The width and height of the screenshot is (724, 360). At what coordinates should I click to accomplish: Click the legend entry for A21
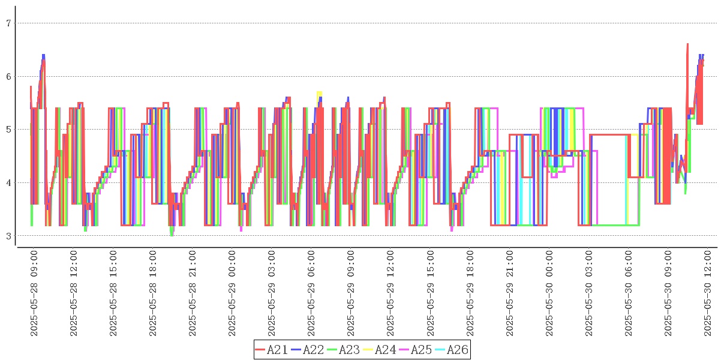click(x=271, y=350)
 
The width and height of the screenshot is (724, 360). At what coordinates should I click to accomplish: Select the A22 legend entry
click(x=307, y=350)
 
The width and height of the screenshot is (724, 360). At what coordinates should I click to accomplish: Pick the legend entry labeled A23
click(x=343, y=350)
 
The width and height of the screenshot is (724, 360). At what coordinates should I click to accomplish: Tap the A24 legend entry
click(x=379, y=350)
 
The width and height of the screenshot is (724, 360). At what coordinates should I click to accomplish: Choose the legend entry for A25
click(x=415, y=350)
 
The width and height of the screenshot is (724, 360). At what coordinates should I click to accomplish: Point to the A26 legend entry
click(x=451, y=350)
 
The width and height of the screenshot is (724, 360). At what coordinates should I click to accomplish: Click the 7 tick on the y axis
click(x=8, y=23)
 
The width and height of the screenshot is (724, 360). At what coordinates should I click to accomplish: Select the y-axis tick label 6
click(x=8, y=77)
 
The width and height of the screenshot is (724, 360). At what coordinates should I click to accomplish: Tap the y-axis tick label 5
click(x=8, y=130)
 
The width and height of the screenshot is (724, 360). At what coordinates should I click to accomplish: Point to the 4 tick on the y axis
click(x=8, y=183)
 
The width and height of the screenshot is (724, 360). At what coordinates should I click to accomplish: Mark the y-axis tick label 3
click(x=8, y=236)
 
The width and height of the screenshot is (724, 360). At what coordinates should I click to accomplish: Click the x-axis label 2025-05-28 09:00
click(x=34, y=293)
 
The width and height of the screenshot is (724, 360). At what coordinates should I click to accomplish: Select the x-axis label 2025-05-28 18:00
click(x=153, y=293)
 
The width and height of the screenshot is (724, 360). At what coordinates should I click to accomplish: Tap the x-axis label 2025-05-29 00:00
click(x=233, y=293)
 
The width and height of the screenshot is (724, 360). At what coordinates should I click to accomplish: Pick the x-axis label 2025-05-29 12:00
click(x=391, y=293)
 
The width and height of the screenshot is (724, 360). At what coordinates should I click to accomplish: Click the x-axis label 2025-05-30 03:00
click(x=590, y=293)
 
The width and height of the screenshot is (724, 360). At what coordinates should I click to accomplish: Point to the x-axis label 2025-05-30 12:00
click(x=708, y=293)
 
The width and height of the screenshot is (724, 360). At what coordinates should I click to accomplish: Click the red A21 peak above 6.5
click(x=687, y=44)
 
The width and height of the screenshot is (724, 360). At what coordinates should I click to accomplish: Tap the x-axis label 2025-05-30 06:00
click(x=629, y=293)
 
